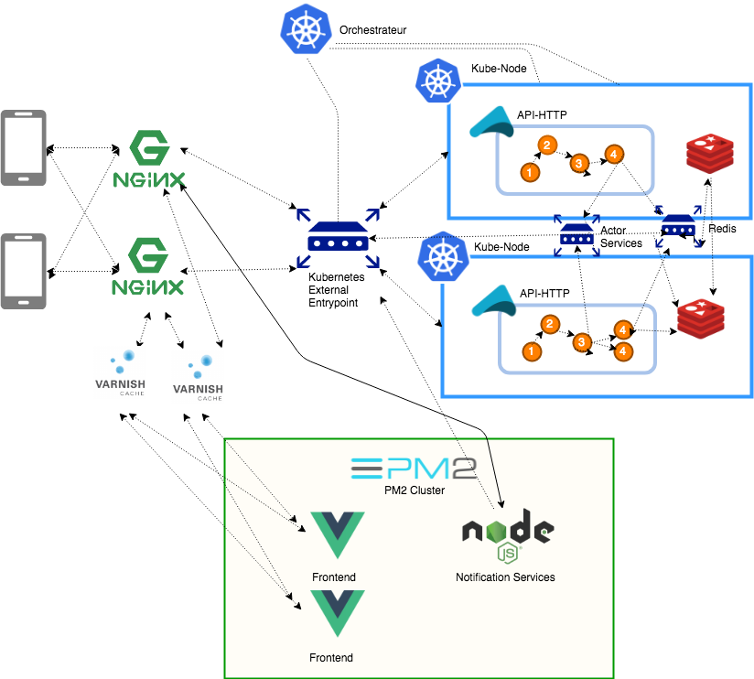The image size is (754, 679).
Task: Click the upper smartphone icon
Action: (x=23, y=147)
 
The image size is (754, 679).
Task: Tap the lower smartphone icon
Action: (x=23, y=271)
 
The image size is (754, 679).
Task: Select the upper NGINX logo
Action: (x=149, y=159)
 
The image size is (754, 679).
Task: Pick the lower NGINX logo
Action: (x=149, y=267)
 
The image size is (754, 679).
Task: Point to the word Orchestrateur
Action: (x=372, y=30)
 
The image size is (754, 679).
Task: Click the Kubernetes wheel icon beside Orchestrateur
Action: (x=304, y=28)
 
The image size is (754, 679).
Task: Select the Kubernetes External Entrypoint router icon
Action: (x=338, y=239)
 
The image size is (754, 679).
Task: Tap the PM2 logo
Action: (x=414, y=469)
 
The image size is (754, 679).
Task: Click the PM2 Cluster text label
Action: (x=414, y=490)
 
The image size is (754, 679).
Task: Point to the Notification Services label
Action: (x=505, y=577)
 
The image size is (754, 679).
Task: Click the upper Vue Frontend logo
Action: (x=337, y=536)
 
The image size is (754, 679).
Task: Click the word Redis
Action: (x=723, y=228)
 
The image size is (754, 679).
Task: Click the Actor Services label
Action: (x=620, y=236)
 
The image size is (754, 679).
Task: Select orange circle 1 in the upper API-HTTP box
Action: (x=527, y=171)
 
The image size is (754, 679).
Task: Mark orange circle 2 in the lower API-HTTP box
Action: (x=549, y=324)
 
